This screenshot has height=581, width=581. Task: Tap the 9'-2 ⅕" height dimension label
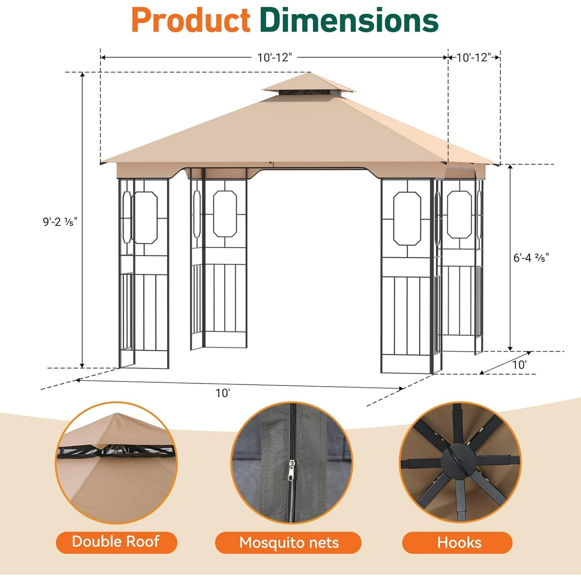60,222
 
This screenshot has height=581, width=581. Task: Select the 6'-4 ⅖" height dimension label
531,257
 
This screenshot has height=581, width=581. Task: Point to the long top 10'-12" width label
274,57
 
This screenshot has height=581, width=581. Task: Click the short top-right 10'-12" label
474,57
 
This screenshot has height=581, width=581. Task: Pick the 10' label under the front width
222,393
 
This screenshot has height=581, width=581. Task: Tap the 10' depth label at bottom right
519,365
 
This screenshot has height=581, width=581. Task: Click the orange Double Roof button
116,542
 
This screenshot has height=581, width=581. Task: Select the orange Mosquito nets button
288,543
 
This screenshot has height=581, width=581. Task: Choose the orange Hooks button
459,543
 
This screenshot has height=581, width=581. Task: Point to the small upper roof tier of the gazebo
308,83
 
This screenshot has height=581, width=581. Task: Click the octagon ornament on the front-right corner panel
407,218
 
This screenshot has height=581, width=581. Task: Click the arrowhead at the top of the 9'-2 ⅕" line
82,75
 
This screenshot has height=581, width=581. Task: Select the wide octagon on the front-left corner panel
145,218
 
